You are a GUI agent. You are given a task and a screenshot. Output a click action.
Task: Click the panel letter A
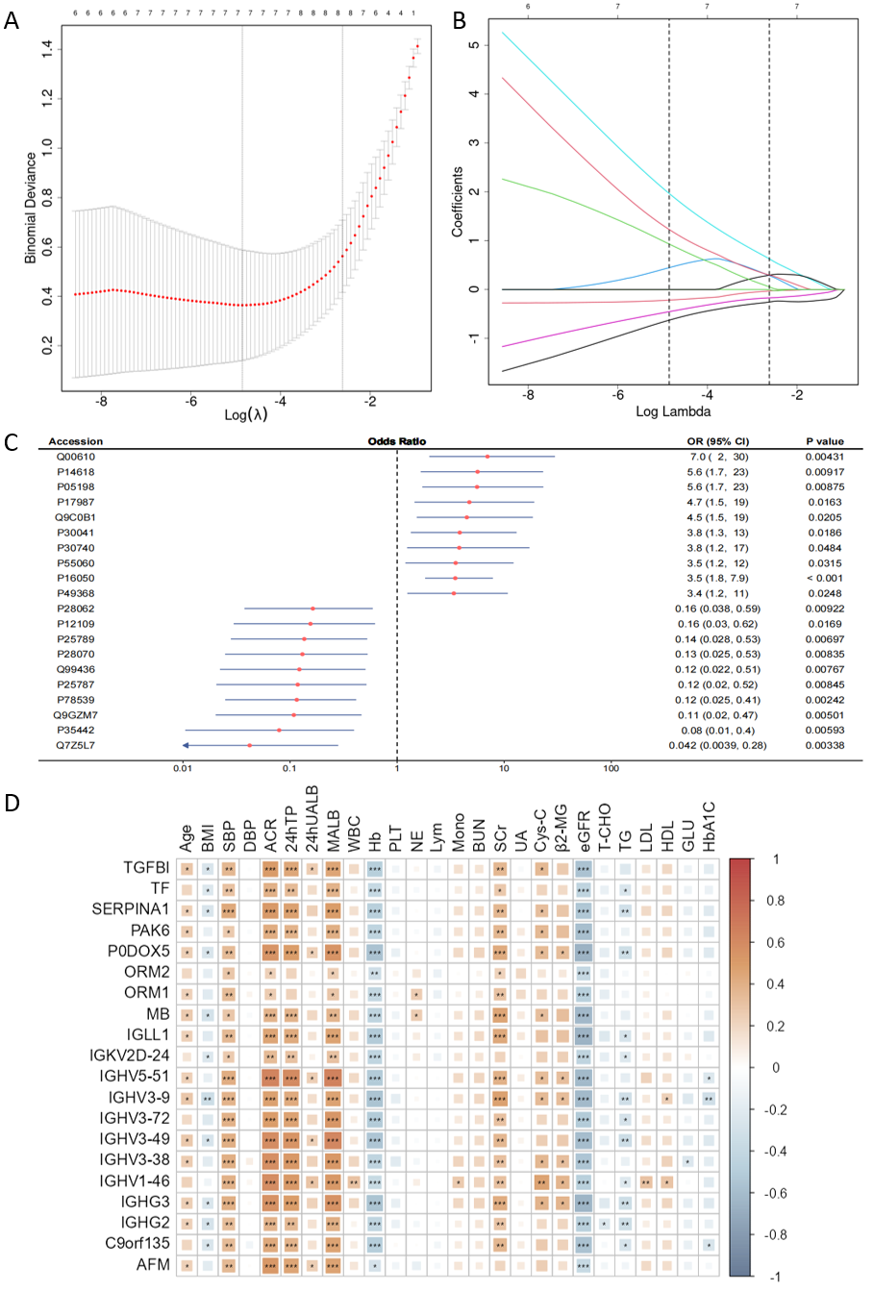[x=12, y=20]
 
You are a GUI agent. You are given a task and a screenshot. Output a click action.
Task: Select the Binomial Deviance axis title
[x=31, y=208]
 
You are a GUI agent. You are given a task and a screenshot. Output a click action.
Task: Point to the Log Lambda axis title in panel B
[x=673, y=411]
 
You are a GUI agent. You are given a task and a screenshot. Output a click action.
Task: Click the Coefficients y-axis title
[x=458, y=202]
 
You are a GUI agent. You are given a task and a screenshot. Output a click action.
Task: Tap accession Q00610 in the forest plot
[x=76, y=457]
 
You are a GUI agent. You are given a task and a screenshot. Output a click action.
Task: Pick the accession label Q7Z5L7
[x=76, y=745]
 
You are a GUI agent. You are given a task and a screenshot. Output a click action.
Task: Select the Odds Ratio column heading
[x=396, y=441]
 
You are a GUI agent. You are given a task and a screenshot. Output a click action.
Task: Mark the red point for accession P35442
[x=280, y=731]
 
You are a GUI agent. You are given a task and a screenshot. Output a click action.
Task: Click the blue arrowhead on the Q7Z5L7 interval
[x=185, y=745]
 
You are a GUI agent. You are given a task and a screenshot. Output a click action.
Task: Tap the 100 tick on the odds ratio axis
[x=611, y=769]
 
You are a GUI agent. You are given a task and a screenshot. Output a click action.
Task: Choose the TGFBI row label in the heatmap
[x=147, y=868]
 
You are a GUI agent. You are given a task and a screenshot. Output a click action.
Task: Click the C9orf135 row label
[x=137, y=1244]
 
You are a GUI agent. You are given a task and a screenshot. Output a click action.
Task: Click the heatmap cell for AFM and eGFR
[x=584, y=1265]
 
